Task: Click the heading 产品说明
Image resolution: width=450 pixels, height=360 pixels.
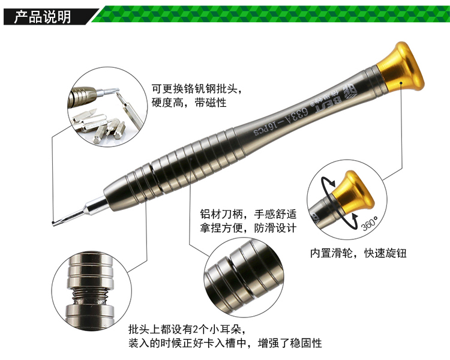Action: [x=43, y=17]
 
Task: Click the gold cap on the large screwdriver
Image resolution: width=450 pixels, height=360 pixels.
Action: [x=400, y=67]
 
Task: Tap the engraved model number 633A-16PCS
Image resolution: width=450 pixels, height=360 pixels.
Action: [x=281, y=122]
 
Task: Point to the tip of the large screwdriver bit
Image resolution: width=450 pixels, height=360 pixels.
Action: [x=53, y=223]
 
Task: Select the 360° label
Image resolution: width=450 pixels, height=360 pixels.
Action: [x=370, y=223]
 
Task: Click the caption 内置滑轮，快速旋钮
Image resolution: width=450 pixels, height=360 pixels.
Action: [x=358, y=253]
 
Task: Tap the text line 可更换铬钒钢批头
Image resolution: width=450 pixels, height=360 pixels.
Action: [x=195, y=89]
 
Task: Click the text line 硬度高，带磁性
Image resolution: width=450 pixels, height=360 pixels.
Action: [x=189, y=103]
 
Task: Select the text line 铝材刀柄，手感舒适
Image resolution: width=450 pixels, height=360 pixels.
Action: [x=248, y=214]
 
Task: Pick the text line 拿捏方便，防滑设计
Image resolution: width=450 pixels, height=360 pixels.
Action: [x=248, y=228]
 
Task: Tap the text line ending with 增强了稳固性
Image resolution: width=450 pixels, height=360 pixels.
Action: [x=225, y=343]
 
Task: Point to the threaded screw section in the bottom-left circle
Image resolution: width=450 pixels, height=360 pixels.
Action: [x=90, y=295]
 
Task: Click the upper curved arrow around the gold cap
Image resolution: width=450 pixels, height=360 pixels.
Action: [x=326, y=180]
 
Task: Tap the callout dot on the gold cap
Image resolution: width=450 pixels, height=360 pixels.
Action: [x=401, y=83]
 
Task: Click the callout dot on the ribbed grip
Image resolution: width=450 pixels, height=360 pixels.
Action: [x=191, y=158]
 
